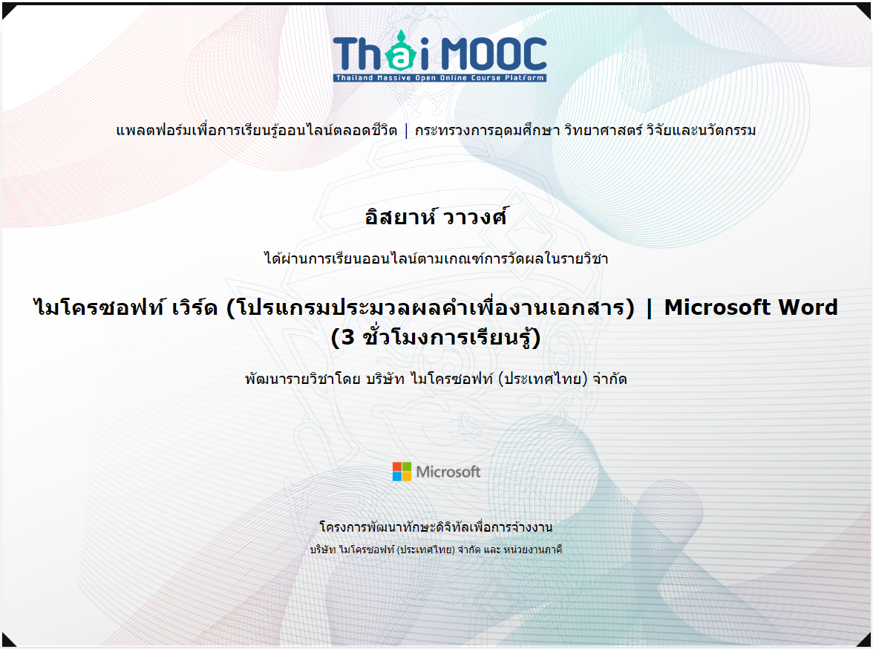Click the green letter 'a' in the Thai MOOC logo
[x=401, y=57]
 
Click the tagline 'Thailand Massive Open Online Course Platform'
[x=439, y=78]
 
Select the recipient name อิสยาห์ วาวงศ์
[x=436, y=217]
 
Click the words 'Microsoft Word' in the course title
[x=751, y=307]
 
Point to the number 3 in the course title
[x=348, y=338]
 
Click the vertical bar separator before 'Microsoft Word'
[x=649, y=309]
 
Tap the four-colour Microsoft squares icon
[x=402, y=472]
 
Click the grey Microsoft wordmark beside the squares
[x=448, y=472]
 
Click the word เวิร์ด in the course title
[x=194, y=307]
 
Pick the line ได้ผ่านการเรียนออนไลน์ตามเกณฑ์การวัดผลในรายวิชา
[x=436, y=258]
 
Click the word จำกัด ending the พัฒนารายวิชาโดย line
[x=609, y=379]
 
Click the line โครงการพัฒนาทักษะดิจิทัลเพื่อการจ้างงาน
[x=436, y=527]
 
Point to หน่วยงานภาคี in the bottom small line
[x=533, y=549]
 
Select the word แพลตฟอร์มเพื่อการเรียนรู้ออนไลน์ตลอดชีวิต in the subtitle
[x=257, y=131]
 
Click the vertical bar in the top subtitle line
[x=406, y=131]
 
